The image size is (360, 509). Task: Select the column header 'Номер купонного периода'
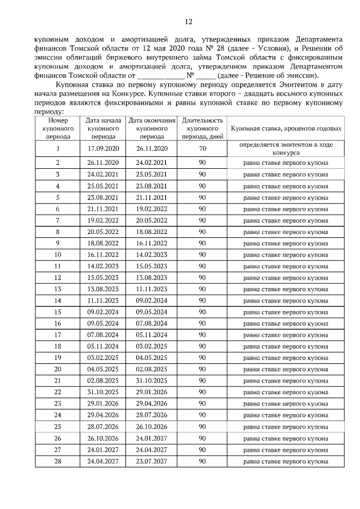57,128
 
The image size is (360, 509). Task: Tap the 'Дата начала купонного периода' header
103,128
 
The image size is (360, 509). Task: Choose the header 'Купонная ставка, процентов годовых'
286,129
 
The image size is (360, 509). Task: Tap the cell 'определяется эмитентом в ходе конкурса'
286,148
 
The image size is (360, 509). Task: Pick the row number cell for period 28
57,462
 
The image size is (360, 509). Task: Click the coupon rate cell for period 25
286,427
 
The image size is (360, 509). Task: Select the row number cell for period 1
57,148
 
